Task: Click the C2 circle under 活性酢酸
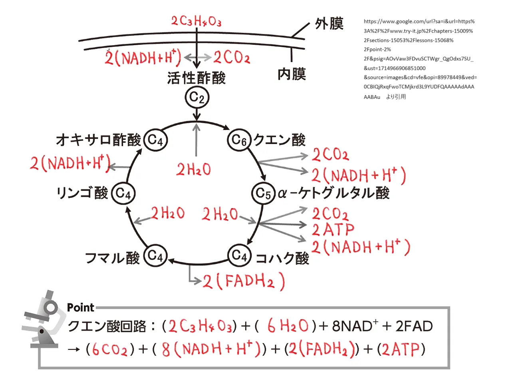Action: (x=197, y=97)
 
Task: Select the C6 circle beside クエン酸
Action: (x=239, y=140)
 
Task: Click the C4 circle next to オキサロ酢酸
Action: (x=155, y=140)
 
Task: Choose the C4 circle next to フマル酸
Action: (x=155, y=255)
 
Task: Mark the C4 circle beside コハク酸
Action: (x=239, y=255)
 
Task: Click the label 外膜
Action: (x=329, y=24)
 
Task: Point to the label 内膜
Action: (x=292, y=74)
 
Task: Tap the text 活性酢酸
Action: (x=196, y=78)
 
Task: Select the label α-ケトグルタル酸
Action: (x=333, y=193)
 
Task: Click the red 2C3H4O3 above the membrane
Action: (x=196, y=21)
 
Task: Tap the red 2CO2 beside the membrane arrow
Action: (x=232, y=58)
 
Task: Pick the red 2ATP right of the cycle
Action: (x=333, y=230)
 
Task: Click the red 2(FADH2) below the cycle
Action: (x=244, y=281)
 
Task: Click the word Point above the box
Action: (x=81, y=307)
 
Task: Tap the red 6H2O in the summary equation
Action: (x=288, y=326)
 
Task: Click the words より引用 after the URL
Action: (x=396, y=97)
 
